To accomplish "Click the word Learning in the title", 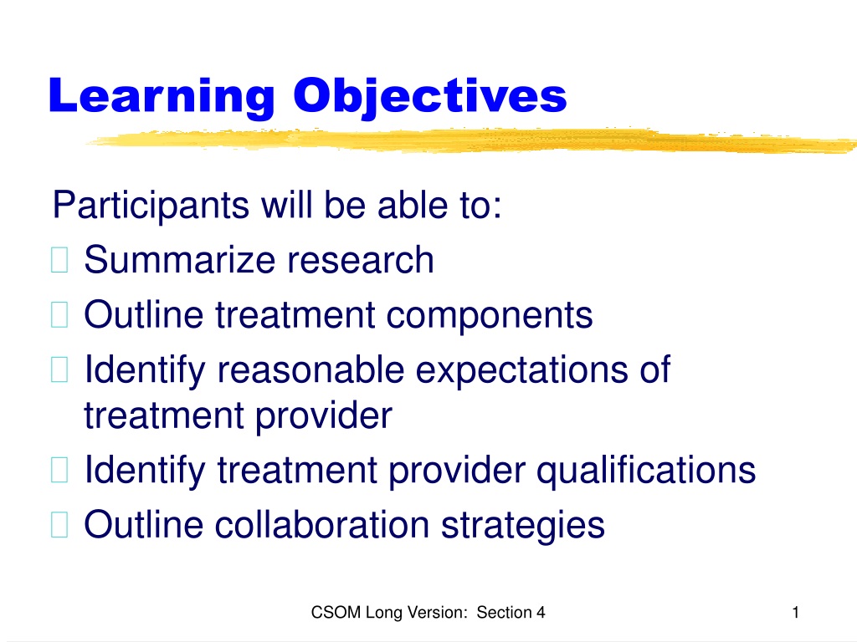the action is click(x=162, y=97).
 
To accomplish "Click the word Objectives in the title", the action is click(x=430, y=97).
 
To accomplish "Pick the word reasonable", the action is click(x=311, y=369).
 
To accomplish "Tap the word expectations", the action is click(x=522, y=371).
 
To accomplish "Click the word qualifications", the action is click(x=646, y=471).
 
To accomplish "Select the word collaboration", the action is click(x=322, y=525).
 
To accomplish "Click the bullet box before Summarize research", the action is click(x=59, y=260).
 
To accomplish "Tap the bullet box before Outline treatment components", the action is click(x=59, y=315).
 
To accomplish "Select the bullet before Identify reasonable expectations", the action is click(x=59, y=369).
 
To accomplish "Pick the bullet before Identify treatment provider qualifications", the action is click(x=59, y=470).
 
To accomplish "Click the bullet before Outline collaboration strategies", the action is click(x=59, y=525).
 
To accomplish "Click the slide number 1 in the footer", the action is click(x=796, y=613).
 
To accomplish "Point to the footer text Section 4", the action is click(x=511, y=613).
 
